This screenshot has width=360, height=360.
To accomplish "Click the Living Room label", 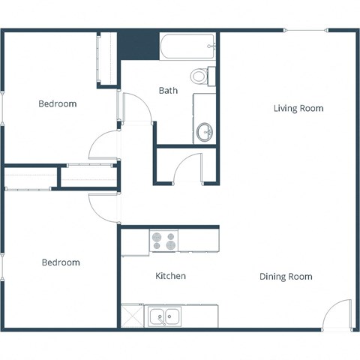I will [x=298, y=109].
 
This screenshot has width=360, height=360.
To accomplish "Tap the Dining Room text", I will [x=286, y=277].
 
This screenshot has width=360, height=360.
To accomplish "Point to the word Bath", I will [x=168, y=91].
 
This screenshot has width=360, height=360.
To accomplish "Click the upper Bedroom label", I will [x=57, y=103].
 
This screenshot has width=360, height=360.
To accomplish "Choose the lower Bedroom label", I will [x=60, y=262].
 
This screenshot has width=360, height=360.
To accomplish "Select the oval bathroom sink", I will [x=205, y=133].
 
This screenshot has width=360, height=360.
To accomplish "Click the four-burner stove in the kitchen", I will [x=164, y=241].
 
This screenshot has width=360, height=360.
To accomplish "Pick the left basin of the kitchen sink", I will [x=158, y=317].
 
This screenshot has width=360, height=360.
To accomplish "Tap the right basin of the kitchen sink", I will [x=173, y=317].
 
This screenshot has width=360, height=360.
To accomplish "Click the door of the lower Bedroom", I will [x=104, y=207].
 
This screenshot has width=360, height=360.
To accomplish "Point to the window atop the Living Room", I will [x=305, y=31].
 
